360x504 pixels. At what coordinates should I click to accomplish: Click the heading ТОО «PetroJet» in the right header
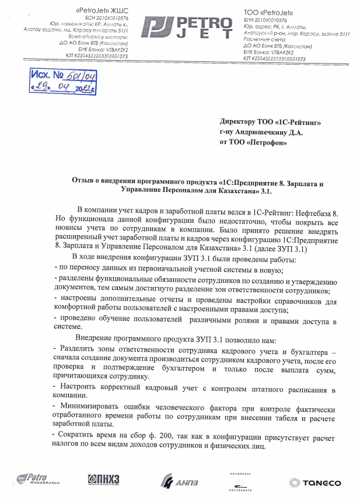[x=269, y=12]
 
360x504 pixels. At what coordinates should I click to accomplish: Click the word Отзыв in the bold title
[x=85, y=183]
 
